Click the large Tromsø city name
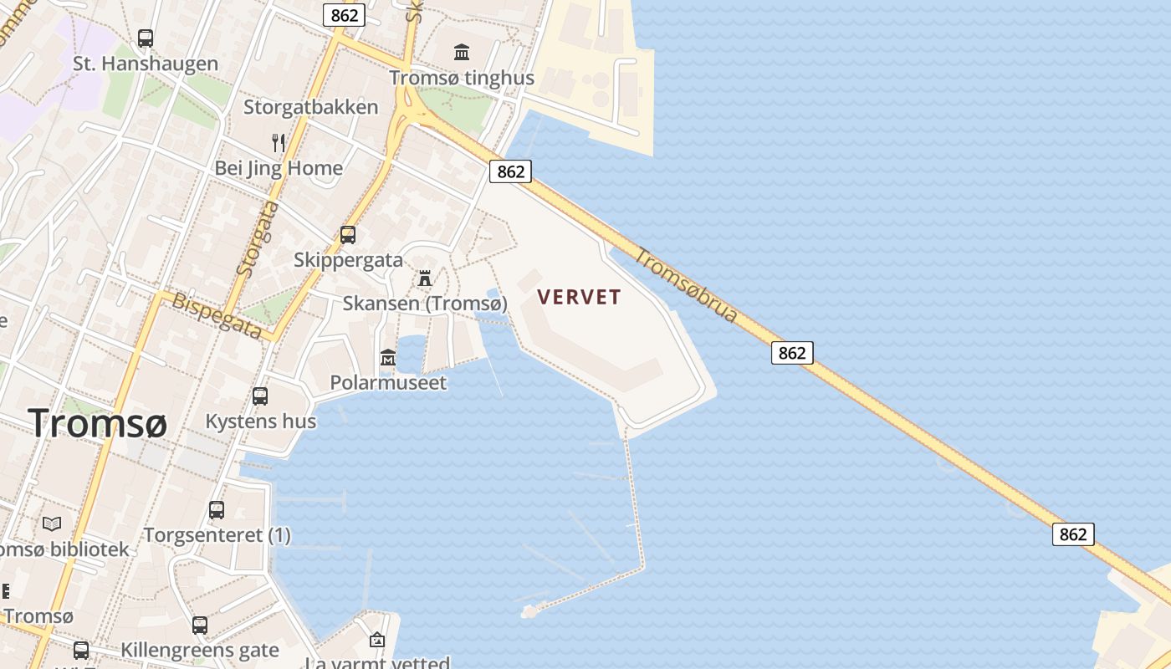click(98, 422)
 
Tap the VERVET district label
click(580, 297)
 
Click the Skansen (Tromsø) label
click(425, 304)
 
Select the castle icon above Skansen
click(425, 278)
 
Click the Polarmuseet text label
click(388, 383)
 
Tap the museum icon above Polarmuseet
click(388, 358)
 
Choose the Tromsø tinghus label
click(462, 78)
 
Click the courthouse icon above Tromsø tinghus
click(462, 53)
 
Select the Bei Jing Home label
click(279, 168)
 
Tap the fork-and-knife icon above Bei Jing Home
click(279, 143)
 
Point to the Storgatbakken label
click(311, 107)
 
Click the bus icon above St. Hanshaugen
click(146, 38)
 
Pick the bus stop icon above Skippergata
click(348, 235)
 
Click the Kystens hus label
click(261, 421)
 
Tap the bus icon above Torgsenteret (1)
click(217, 509)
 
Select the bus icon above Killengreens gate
click(199, 625)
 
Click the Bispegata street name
click(217, 314)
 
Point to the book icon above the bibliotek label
click(52, 524)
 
